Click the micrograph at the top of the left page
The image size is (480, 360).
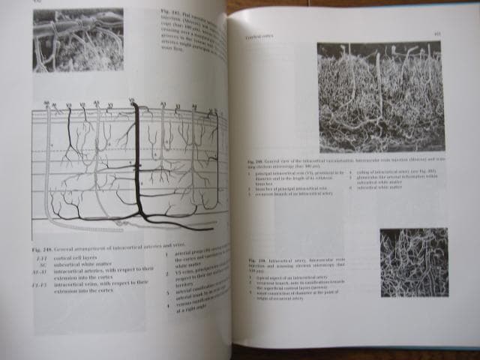pyautogui.click(x=78, y=39)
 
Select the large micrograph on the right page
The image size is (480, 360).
pyautogui.click(x=379, y=97)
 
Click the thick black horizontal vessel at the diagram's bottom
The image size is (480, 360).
pyautogui.click(x=180, y=220)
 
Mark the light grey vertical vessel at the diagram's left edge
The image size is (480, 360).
pyautogui.click(x=49, y=165)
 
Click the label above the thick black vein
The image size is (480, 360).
pyautogui.click(x=133, y=100)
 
